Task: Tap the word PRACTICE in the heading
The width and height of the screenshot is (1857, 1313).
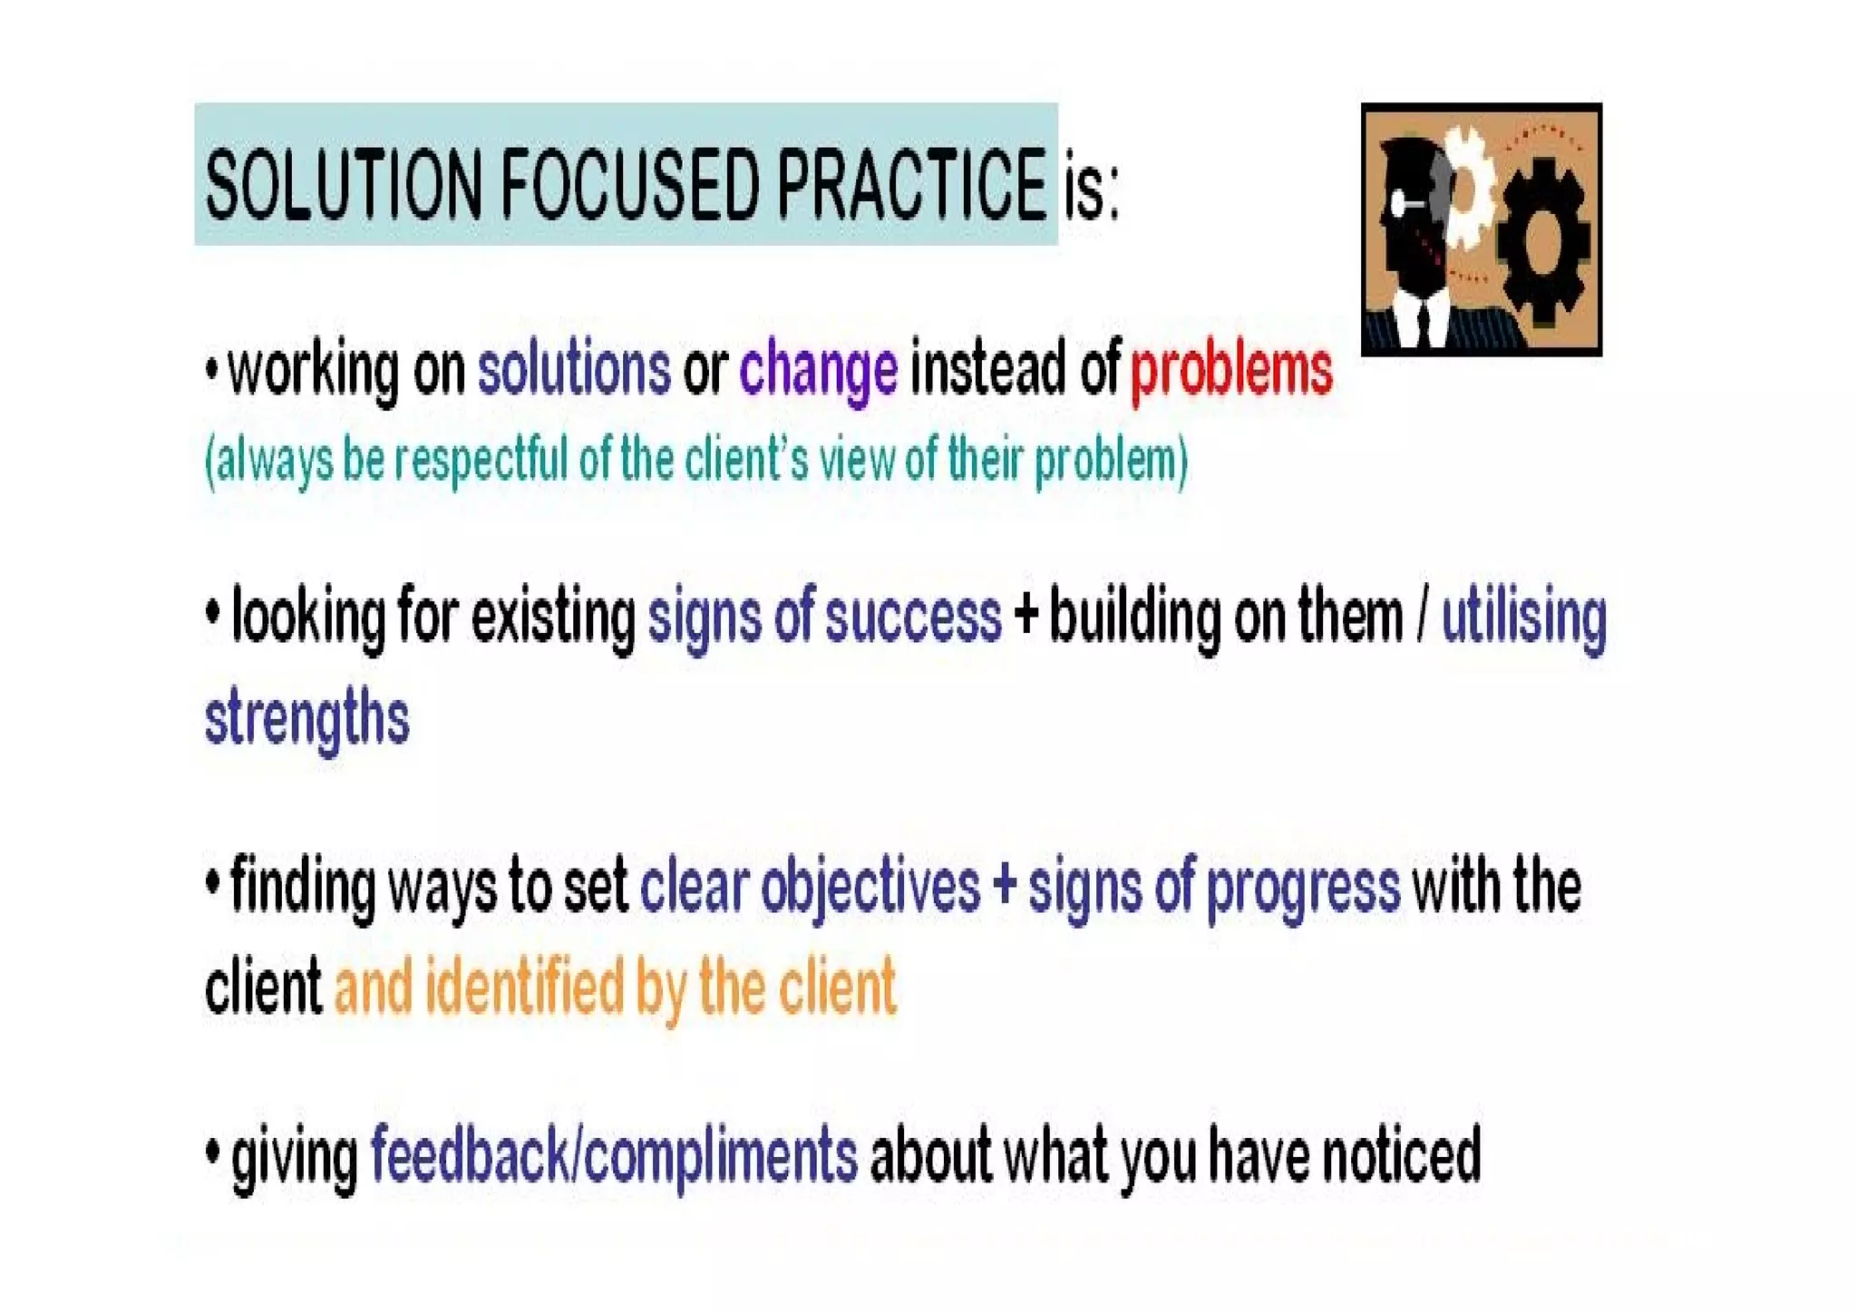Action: point(911,185)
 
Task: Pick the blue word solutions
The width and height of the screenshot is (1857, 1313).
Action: point(574,370)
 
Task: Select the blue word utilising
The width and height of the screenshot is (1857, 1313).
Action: point(1523,618)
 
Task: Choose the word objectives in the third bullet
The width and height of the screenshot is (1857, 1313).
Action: point(870,888)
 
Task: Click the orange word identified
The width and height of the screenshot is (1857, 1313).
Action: point(524,987)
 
